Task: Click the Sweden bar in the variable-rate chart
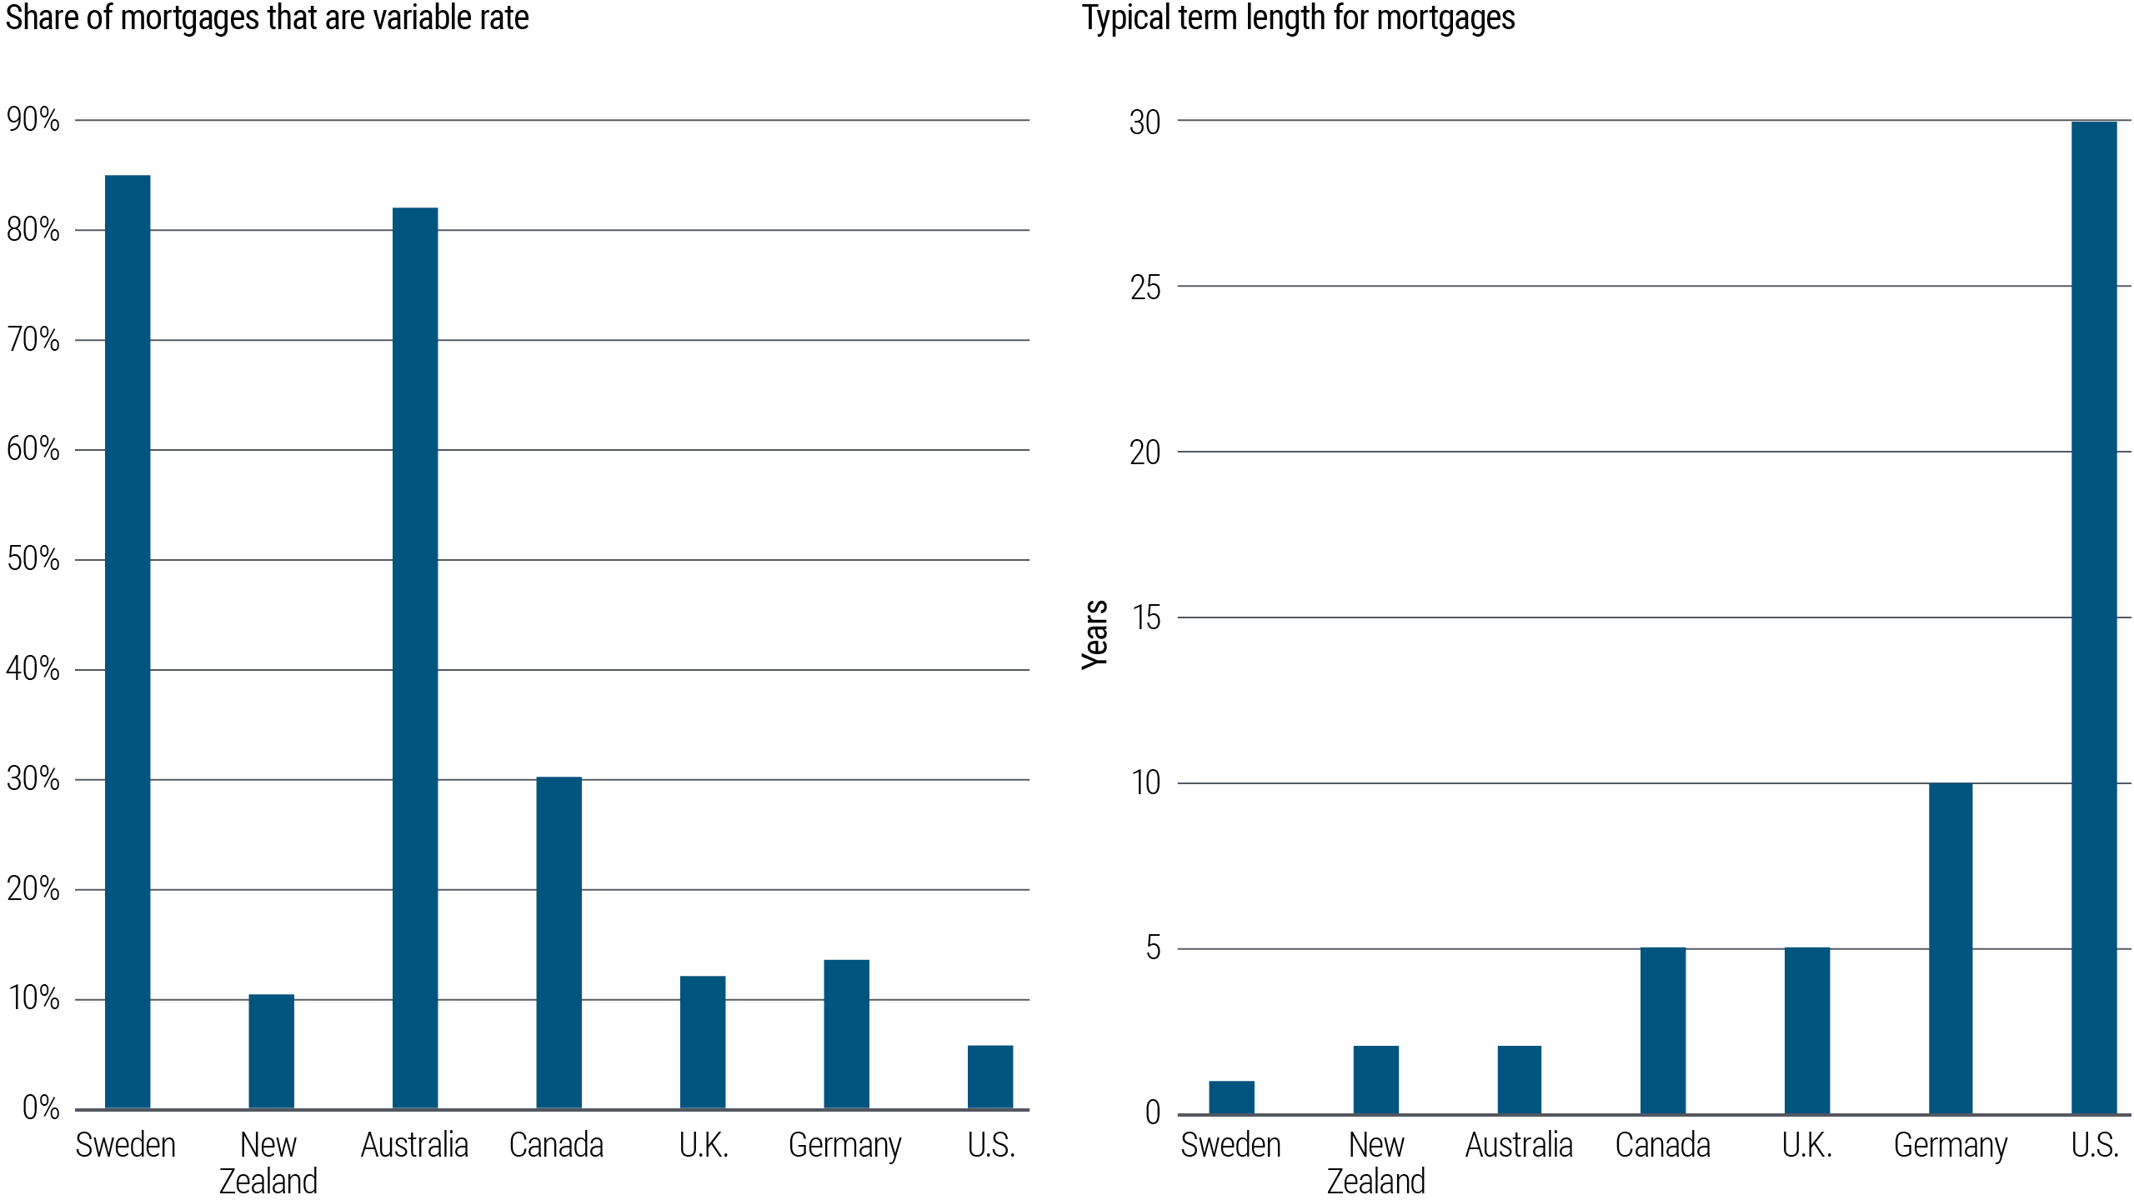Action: pyautogui.click(x=128, y=642)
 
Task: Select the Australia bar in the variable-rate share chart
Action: pyautogui.click(x=415, y=658)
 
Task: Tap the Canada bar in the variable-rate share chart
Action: pyautogui.click(x=559, y=942)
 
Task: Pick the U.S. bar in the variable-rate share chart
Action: pyautogui.click(x=990, y=1077)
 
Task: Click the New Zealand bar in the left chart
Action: pyautogui.click(x=271, y=1051)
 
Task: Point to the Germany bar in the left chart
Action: pyautogui.click(x=846, y=1033)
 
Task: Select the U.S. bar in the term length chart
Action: pyautogui.click(x=2094, y=617)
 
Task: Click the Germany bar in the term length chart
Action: pyautogui.click(x=1951, y=947)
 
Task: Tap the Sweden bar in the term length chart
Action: pyautogui.click(x=1231, y=1097)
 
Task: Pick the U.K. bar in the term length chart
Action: pyautogui.click(x=1806, y=1030)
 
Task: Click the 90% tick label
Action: pyautogui.click(x=33, y=120)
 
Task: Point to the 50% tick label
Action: pyautogui.click(x=33, y=559)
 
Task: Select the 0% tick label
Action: pyautogui.click(x=40, y=1108)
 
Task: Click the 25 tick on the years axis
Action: pyautogui.click(x=1145, y=287)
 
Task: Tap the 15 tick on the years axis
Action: pyautogui.click(x=1146, y=618)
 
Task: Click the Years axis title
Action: pyautogui.click(x=1095, y=634)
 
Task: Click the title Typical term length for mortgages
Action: pyautogui.click(x=1298, y=18)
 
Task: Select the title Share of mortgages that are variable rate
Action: pyautogui.click(x=267, y=18)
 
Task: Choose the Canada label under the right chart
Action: pyautogui.click(x=1662, y=1145)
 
